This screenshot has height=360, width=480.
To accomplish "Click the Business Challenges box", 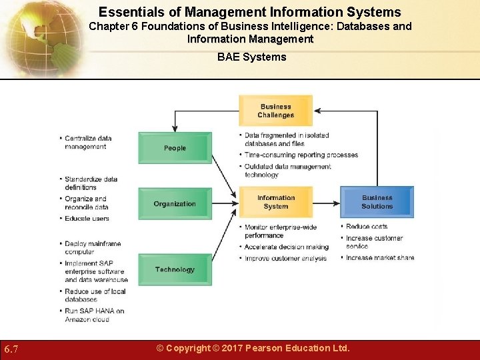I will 276,111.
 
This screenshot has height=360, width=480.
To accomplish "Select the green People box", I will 175,148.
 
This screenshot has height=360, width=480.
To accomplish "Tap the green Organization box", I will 175,204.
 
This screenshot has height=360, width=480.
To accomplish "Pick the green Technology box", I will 175,270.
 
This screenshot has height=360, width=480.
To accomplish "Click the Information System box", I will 276,202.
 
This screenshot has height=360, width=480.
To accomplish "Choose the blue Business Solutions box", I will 377,202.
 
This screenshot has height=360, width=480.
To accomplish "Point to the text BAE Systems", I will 252,57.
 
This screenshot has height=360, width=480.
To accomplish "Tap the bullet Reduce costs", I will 367,227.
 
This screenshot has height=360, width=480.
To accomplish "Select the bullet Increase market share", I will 380,258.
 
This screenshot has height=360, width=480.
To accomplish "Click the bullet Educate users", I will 87,219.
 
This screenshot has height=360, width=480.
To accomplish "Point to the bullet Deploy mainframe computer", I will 83,248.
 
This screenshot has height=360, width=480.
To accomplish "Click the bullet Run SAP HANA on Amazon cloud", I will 94,315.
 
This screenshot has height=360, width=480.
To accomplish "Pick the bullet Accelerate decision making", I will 286,247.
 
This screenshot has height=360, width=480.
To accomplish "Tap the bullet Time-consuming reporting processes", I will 301,155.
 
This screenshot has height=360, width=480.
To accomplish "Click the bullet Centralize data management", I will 87,143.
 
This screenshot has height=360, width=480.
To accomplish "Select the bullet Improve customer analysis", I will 285,259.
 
